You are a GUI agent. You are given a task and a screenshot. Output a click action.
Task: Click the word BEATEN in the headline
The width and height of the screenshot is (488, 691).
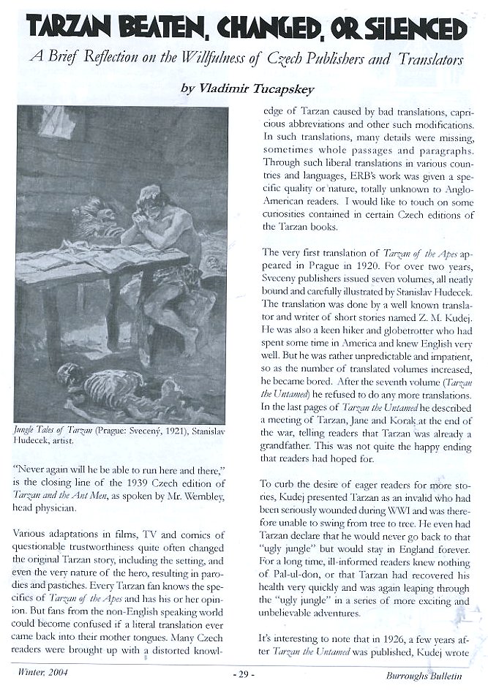pyautogui.click(x=162, y=29)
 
